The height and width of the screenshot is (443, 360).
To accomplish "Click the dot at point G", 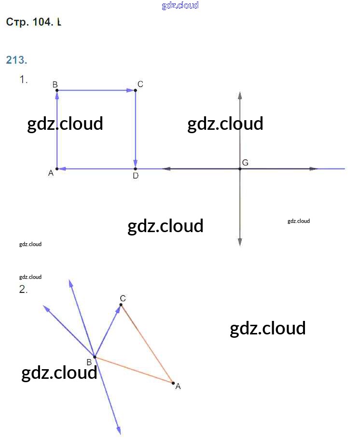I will coord(240,169).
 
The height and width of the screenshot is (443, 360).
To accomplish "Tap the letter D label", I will coord(136,176).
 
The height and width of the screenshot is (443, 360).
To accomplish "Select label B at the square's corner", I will coord(55,84).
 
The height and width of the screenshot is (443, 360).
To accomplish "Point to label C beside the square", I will coord(140,84).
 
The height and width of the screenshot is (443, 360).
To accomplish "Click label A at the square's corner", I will coord(51,173).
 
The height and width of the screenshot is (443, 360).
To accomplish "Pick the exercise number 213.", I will coord(16,60).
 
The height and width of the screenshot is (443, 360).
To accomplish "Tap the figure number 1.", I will coord(23,80).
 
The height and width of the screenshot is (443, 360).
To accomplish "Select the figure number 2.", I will coord(23,290).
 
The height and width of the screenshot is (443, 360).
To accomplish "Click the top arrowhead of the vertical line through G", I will coord(240,95).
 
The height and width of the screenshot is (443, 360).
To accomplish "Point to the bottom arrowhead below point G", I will coord(240,242).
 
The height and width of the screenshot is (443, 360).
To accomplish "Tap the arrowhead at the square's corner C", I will coord(131,90).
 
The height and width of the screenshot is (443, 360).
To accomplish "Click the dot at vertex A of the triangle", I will coord(173,383).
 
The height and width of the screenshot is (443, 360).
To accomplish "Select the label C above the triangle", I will coord(123,298).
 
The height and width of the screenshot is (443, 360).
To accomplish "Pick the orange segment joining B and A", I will coord(134,370).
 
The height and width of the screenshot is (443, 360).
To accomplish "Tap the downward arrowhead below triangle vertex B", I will coord(118,430).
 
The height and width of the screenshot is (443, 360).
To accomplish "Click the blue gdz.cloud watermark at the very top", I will coord(180,6).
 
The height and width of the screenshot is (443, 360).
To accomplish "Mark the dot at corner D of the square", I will coord(136,169).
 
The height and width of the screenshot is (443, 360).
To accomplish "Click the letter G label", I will coord(245,163).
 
